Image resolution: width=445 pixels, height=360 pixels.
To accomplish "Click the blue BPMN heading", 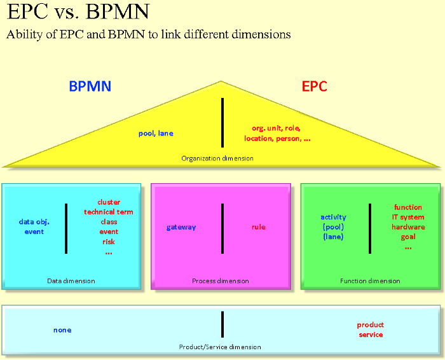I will point(90,87).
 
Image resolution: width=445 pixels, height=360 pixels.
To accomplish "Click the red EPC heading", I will point(315,87).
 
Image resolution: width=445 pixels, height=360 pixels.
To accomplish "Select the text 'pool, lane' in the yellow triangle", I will point(156,134).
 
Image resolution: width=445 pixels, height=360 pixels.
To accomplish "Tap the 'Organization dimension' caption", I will point(217,158).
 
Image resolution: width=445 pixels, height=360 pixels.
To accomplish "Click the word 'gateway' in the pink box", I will point(181,227).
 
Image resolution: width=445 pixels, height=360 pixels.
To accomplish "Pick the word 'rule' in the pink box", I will point(258,227).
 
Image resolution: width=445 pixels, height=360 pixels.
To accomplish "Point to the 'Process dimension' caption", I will point(221,281).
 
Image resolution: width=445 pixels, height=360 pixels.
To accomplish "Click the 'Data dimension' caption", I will point(71,281).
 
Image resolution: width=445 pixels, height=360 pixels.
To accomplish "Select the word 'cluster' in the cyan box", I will point(109,202).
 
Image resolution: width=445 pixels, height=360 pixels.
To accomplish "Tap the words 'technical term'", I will point(109,212).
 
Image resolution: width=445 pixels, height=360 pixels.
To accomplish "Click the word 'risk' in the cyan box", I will point(109,242).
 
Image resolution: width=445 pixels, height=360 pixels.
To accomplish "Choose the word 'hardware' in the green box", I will point(408,227).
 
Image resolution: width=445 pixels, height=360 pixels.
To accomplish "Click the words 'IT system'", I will point(408,218).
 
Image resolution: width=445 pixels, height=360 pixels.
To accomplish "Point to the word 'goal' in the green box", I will point(408,237).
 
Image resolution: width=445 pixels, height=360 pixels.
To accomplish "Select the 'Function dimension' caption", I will point(370,281).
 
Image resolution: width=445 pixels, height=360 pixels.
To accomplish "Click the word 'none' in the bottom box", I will point(62,330).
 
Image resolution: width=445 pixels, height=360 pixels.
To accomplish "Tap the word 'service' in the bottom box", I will point(371,335).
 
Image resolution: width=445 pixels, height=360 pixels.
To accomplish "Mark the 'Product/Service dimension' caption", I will point(220,347).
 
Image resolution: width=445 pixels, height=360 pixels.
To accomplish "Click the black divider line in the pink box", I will point(222,227).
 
